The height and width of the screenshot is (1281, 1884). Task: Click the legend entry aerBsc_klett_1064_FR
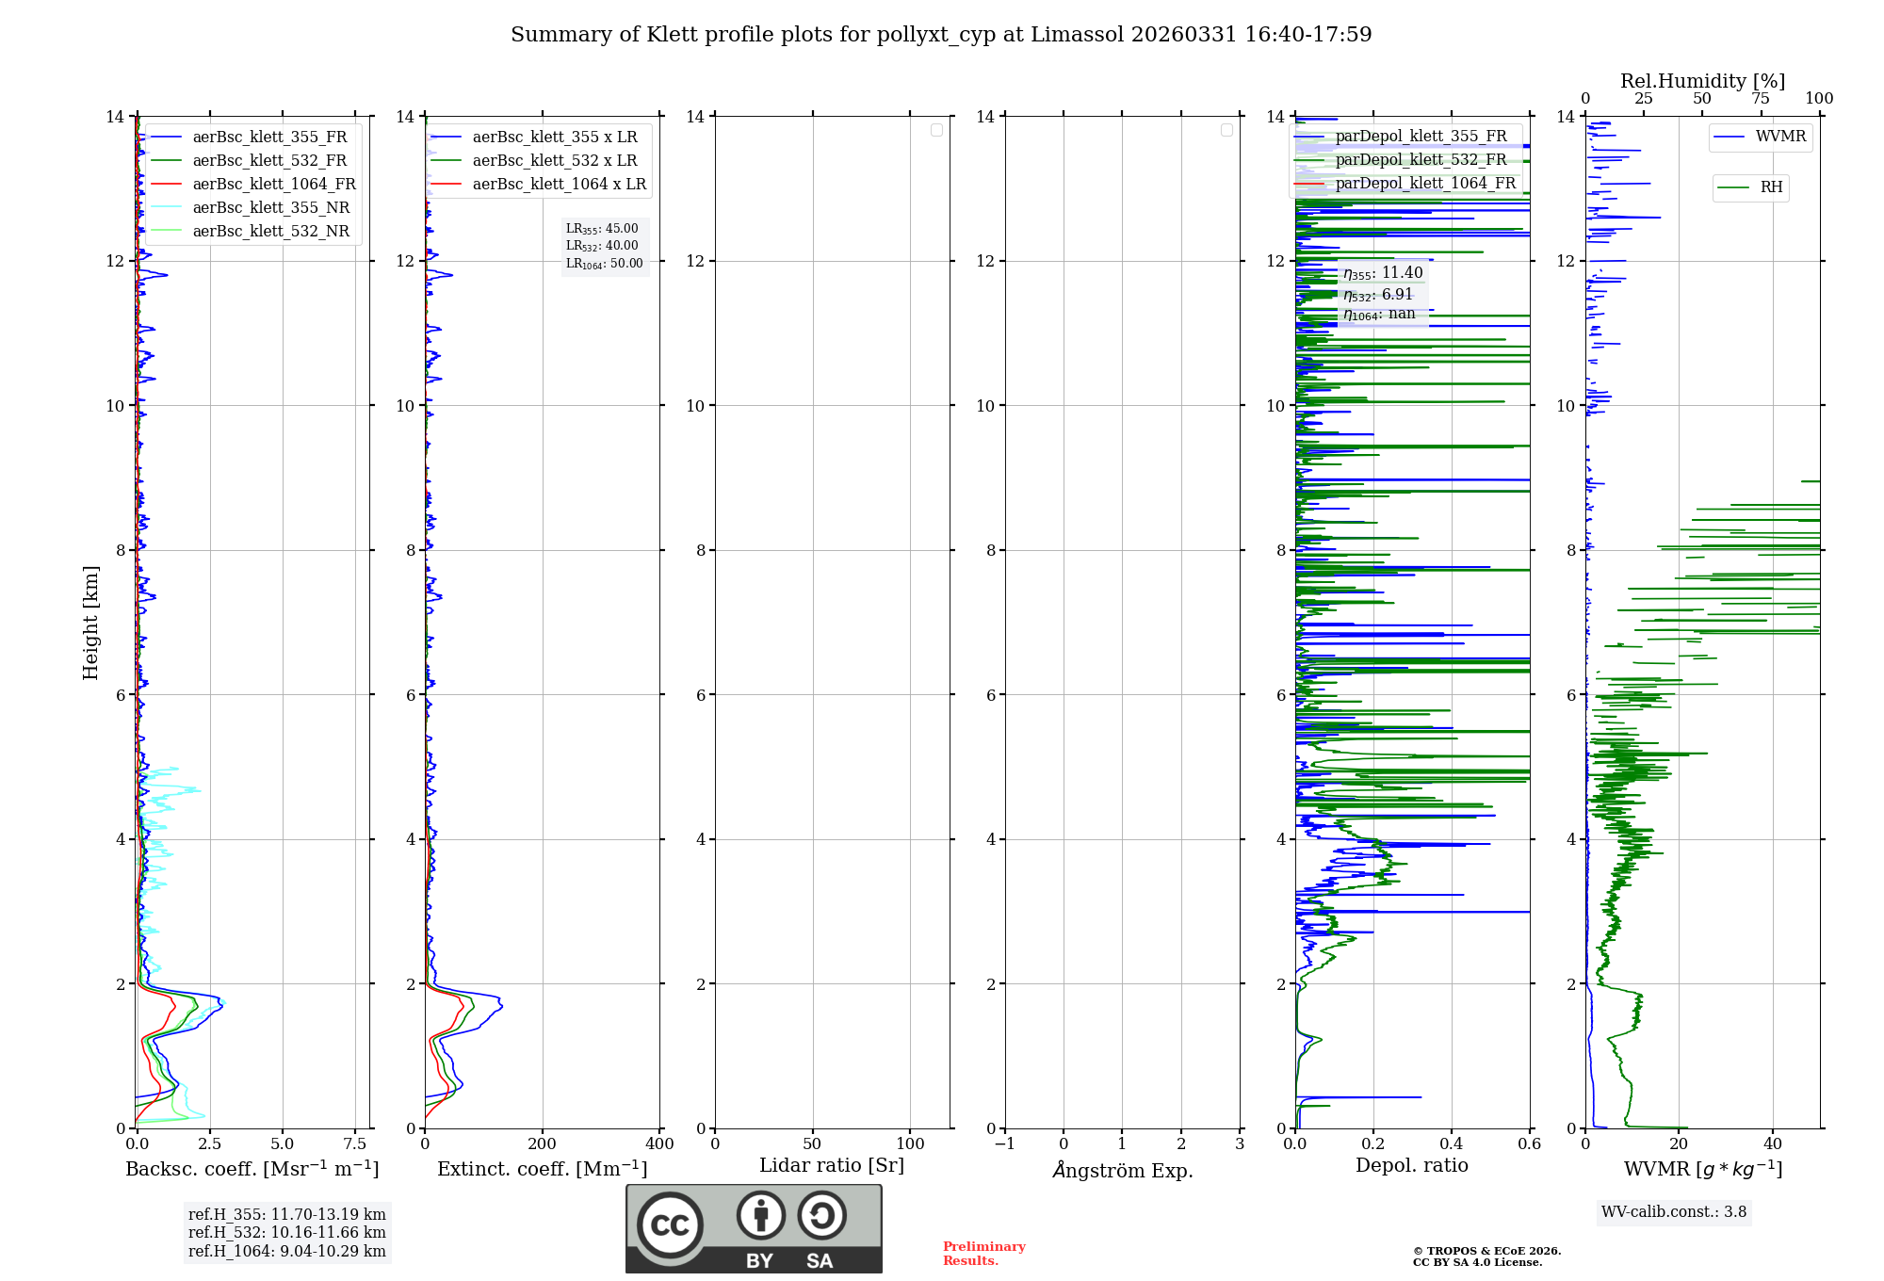coord(274,184)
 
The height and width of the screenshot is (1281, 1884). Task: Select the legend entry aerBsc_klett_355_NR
coord(270,207)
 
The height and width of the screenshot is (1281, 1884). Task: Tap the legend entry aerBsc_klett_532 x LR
coord(555,160)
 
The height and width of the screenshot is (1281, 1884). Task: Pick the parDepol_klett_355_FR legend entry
coord(1421,136)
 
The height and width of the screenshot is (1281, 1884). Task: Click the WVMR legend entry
coord(1780,137)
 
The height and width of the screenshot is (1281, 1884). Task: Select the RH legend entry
coord(1771,187)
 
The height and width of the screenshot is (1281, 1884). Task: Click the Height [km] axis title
coord(90,623)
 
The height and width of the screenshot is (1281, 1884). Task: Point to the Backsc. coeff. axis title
coord(252,1169)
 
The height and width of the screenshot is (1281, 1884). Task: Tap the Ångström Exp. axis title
coord(1123,1170)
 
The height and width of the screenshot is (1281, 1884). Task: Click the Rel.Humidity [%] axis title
coord(1702,81)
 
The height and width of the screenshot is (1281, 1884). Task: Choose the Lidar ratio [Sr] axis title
coord(832,1165)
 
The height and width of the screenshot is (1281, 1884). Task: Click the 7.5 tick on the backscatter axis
coord(355,1144)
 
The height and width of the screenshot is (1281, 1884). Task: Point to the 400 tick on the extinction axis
coord(659,1144)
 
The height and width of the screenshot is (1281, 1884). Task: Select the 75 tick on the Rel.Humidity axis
coord(1761,99)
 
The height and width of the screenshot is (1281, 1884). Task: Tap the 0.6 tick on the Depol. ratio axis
coord(1529,1144)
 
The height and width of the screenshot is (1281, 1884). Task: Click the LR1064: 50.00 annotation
coord(605,264)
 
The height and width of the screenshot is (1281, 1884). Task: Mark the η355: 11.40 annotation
coord(1383,273)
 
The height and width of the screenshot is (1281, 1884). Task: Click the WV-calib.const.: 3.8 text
coord(1674,1212)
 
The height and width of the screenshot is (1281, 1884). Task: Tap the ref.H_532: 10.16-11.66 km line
coord(286,1233)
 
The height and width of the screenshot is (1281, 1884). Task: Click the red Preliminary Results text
coord(983,1254)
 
